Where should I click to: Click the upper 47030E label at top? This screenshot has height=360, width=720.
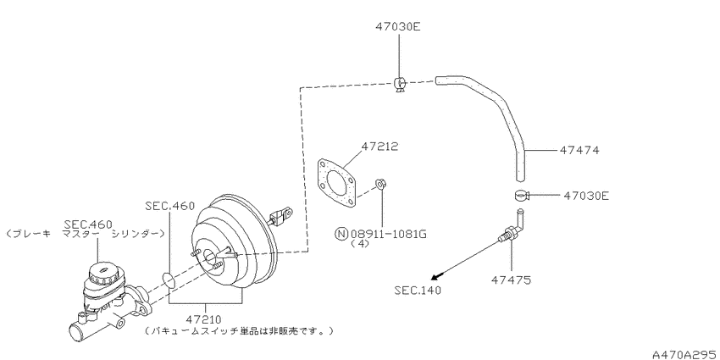pyautogui.click(x=398, y=26)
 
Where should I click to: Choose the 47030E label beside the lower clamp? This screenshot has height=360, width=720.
pyautogui.click(x=585, y=196)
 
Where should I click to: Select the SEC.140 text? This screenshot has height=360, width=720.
pyautogui.click(x=417, y=290)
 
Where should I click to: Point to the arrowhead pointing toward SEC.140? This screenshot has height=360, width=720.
pyautogui.click(x=435, y=276)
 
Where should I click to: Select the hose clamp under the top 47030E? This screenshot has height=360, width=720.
pyautogui.click(x=402, y=83)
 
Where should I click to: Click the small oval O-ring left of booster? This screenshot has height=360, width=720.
pyautogui.click(x=166, y=278)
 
